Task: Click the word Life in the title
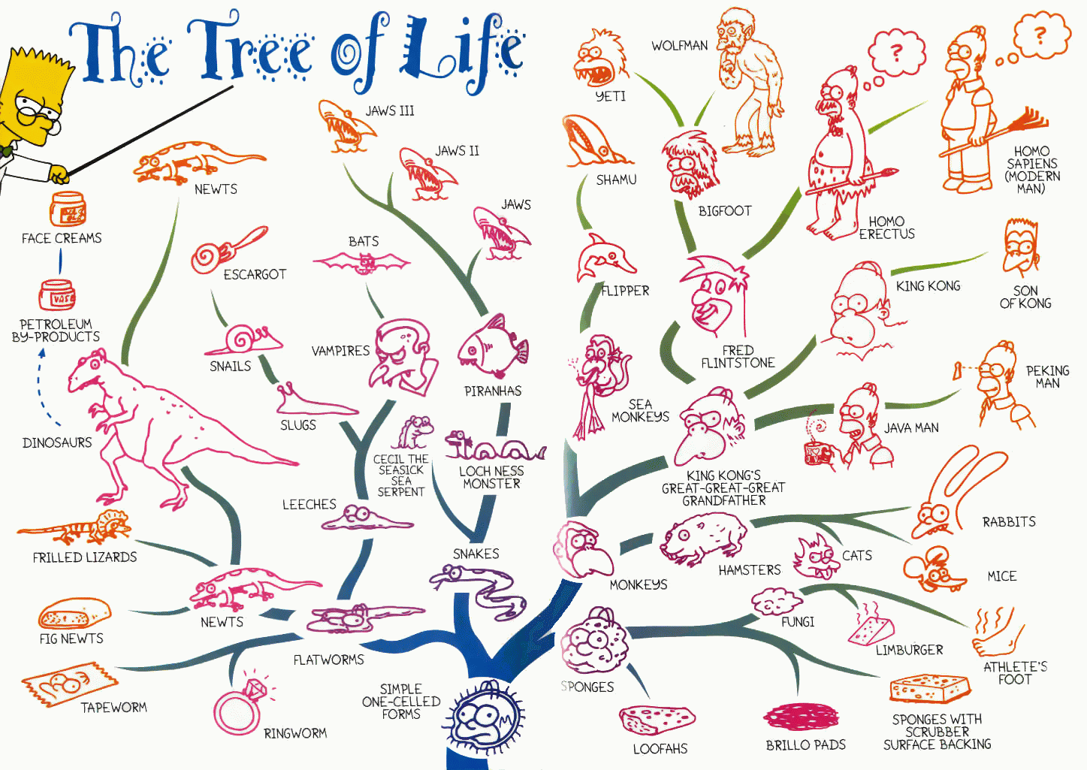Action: coord(461,53)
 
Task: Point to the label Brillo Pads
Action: coord(805,744)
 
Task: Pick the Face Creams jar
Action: coord(68,209)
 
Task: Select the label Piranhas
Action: coord(493,391)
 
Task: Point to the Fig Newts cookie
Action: coord(74,613)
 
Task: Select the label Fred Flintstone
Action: coord(738,357)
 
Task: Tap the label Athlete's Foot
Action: coord(1015,672)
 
